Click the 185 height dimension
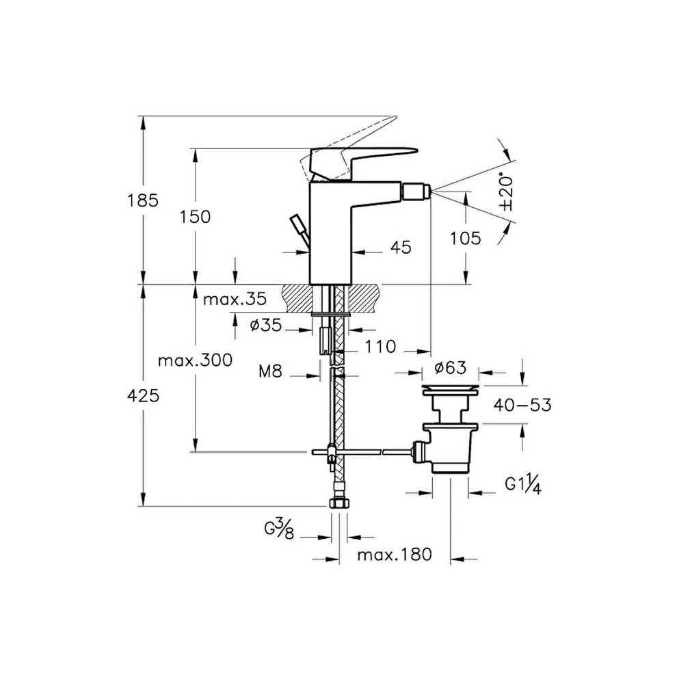click(x=143, y=201)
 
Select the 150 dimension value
click(x=195, y=217)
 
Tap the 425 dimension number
click(x=144, y=395)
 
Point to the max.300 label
click(x=195, y=360)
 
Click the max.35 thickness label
click(x=235, y=299)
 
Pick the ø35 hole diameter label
click(x=265, y=325)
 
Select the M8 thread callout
click(x=270, y=371)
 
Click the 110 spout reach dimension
click(x=380, y=346)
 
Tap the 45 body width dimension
click(x=401, y=248)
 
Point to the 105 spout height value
click(x=466, y=239)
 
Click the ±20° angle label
click(x=506, y=192)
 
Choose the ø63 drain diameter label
click(x=451, y=368)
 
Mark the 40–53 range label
click(x=522, y=405)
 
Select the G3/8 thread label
click(x=280, y=529)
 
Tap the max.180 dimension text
click(x=395, y=555)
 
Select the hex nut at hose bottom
click(x=338, y=503)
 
